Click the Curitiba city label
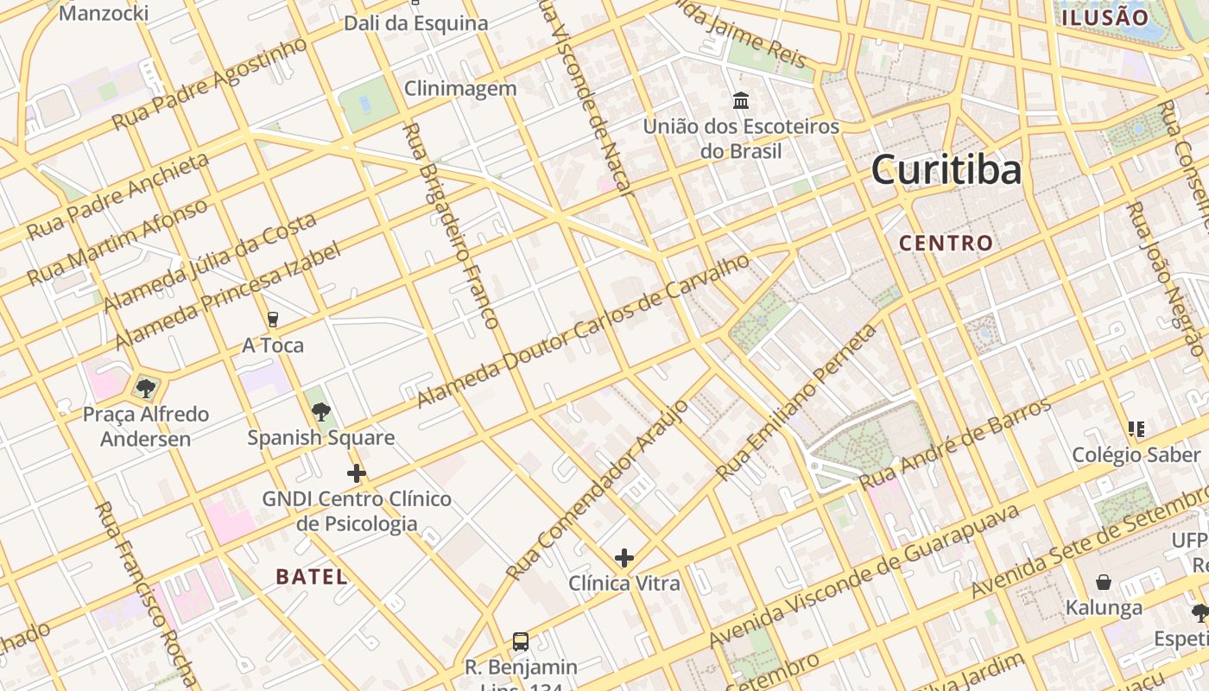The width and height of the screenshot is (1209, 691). click(946, 169)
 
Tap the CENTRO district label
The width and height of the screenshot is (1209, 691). click(946, 243)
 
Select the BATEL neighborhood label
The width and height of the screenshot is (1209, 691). click(312, 577)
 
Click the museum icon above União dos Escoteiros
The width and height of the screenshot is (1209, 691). click(741, 101)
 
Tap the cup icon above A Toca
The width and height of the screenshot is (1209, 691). click(273, 320)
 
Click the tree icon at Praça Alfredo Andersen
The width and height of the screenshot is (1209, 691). click(146, 388)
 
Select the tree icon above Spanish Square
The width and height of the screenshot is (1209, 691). click(321, 411)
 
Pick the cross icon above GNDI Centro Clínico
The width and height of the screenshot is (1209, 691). click(356, 473)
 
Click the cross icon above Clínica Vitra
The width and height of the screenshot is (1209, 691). click(624, 558)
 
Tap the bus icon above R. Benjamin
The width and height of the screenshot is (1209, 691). click(521, 642)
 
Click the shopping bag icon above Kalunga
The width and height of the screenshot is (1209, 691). click(1103, 582)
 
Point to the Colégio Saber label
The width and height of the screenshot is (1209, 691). click(1136, 454)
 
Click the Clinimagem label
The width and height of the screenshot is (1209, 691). click(460, 88)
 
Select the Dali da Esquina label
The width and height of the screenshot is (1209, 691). click(416, 23)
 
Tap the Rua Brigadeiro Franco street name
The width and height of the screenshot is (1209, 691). click(451, 226)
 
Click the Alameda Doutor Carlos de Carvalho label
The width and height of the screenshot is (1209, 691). click(584, 331)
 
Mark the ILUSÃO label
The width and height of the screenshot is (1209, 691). click(1105, 17)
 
